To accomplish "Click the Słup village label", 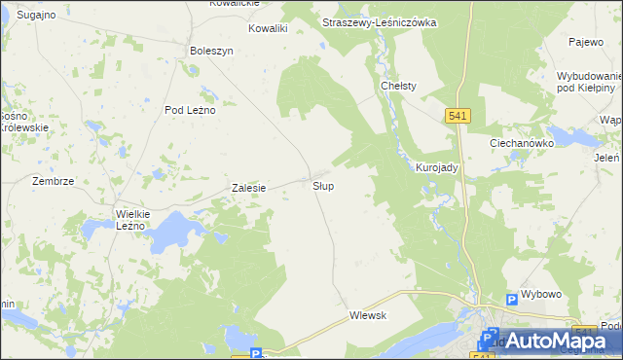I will tap(324, 185).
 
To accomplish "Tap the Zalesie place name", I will tap(248, 188).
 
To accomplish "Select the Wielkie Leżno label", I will tap(130, 219).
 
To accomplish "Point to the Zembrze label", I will tap(53, 181).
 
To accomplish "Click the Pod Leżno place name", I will tap(189, 110).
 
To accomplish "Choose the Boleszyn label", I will tap(212, 51).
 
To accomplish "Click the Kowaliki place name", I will tap(268, 29).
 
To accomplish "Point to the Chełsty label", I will tap(398, 86).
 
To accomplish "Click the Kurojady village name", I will tap(437, 167).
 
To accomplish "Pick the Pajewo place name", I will tap(587, 43).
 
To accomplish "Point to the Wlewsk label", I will tap(368, 315).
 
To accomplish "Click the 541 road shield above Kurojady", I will tap(460, 116).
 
